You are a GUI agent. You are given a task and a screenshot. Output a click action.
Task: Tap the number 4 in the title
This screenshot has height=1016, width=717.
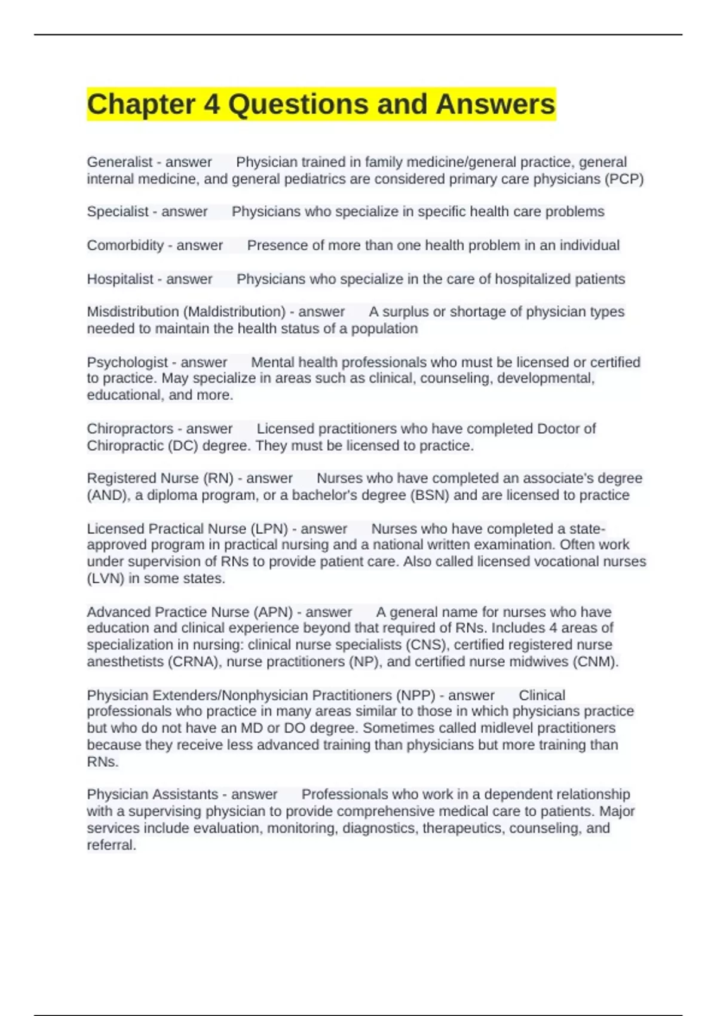coord(212,104)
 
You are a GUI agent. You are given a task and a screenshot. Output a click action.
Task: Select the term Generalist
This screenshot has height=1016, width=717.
coord(119,162)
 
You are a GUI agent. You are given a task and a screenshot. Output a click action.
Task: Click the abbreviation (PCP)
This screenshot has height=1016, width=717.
coord(624,179)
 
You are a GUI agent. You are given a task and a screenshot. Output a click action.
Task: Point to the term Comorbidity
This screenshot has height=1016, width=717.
coord(125,245)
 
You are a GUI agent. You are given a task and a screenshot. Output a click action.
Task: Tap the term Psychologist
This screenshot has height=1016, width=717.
coord(127,362)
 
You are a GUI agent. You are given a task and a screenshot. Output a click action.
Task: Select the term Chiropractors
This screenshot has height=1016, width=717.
coord(130,429)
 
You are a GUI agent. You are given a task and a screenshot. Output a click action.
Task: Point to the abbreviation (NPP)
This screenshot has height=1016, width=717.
coord(414,695)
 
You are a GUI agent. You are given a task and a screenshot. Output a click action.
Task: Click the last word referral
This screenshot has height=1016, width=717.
coord(111,845)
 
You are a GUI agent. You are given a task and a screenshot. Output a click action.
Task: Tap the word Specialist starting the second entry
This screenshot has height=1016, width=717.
coord(117,212)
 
